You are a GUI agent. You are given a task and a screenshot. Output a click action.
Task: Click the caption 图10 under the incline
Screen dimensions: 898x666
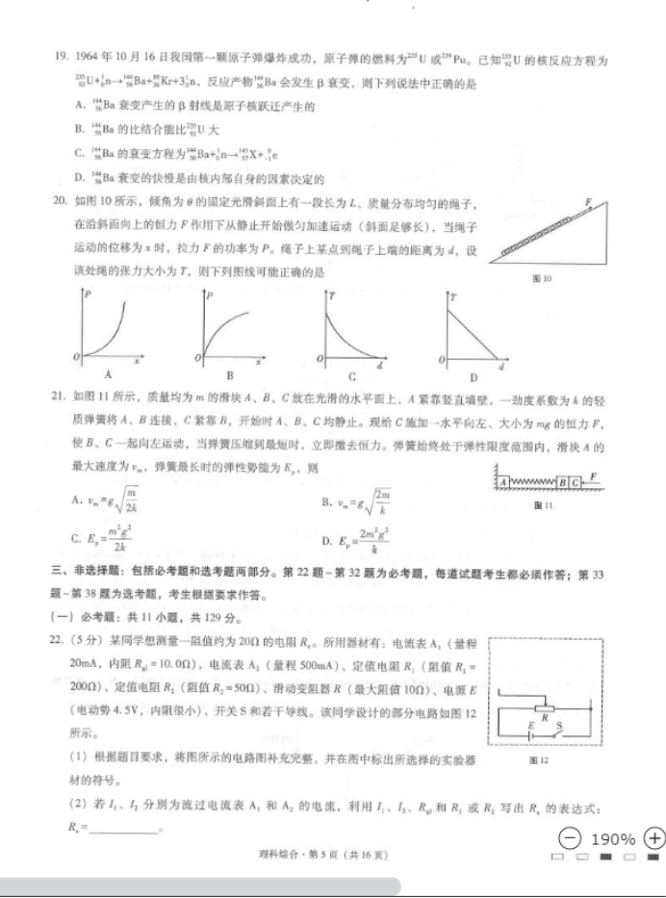pyautogui.click(x=541, y=279)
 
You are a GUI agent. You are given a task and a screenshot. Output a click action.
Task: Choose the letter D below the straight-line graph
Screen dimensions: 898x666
pyautogui.click(x=474, y=376)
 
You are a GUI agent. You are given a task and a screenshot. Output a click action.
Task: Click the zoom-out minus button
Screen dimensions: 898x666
pyautogui.click(x=571, y=837)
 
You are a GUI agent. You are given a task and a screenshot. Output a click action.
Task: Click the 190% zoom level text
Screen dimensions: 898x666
pyautogui.click(x=612, y=838)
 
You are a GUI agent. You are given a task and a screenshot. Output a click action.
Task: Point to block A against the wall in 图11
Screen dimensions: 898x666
pyautogui.click(x=502, y=480)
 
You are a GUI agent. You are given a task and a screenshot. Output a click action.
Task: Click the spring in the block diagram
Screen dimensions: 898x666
pyautogui.click(x=531, y=480)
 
